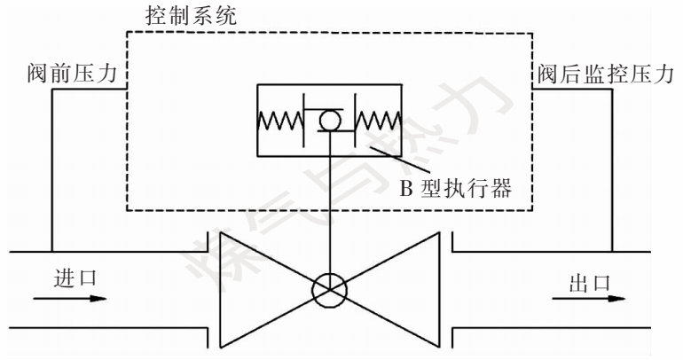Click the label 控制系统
pyautogui.click(x=191, y=15)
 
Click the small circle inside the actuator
pyautogui.click(x=328, y=120)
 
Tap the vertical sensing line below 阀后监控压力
pyautogui.click(x=611, y=168)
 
